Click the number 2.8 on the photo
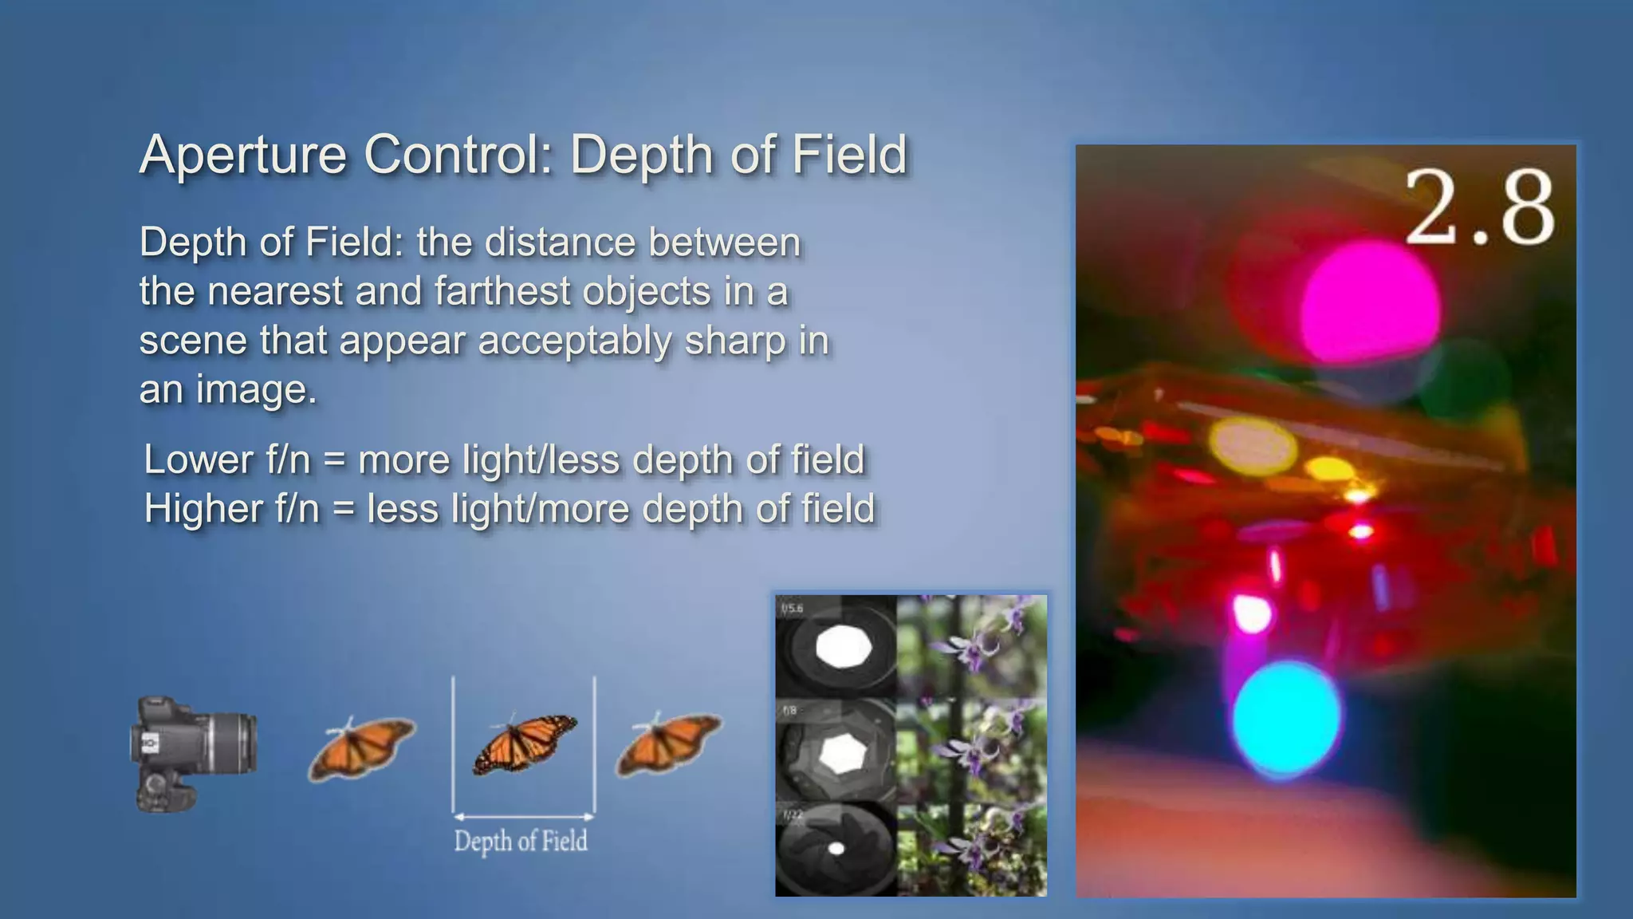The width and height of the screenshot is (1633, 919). coord(1479,210)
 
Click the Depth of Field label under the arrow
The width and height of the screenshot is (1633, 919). coord(521,841)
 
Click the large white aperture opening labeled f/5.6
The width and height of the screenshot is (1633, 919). coord(841,646)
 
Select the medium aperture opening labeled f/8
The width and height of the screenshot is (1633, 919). coord(839,752)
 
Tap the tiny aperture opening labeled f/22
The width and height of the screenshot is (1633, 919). coord(836,849)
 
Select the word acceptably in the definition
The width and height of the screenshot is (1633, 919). coord(574,341)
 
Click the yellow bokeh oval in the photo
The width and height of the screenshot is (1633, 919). coord(1252,444)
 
